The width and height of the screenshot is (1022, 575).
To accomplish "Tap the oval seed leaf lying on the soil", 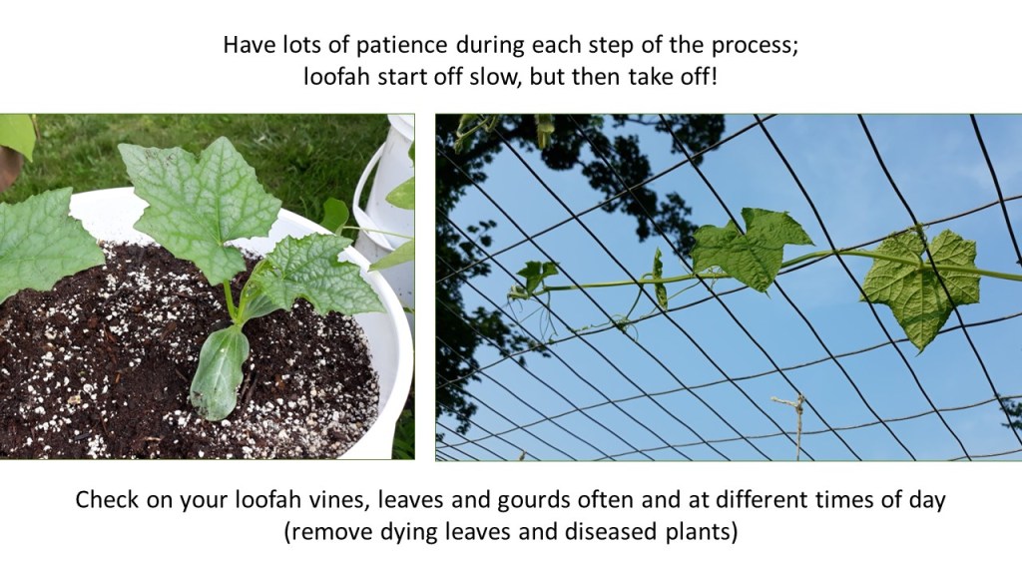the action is coord(219,372).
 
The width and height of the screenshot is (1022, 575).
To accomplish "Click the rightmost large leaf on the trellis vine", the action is coord(920,287).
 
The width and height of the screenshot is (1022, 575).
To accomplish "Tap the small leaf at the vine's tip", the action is coord(536,274).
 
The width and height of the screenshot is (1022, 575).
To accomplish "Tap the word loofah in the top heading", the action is coord(337,77).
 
